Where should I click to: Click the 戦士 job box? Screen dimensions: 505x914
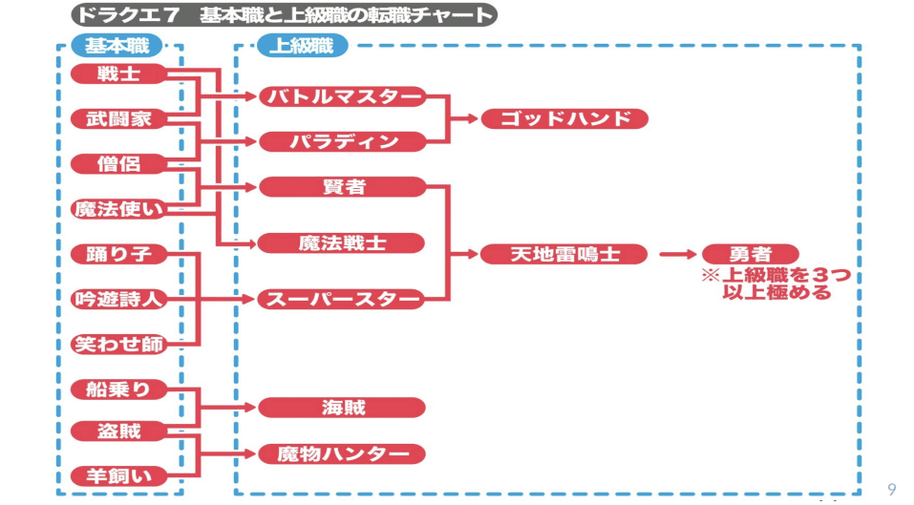(118, 74)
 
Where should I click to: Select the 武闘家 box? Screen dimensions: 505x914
(118, 119)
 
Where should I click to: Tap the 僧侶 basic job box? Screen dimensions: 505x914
(118, 164)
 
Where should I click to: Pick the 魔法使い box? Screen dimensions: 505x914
(118, 209)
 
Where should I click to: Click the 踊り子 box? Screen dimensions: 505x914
(118, 254)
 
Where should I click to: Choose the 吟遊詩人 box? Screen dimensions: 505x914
(118, 299)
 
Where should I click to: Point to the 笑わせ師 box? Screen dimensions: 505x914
(118, 344)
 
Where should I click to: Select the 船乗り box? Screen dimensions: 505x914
(118, 389)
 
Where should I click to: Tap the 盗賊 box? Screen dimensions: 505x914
(118, 431)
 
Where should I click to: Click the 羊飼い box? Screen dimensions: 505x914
(118, 475)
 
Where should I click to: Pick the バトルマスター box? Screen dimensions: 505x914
(342, 96)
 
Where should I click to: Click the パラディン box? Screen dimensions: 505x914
(342, 142)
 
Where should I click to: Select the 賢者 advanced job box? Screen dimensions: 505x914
(342, 187)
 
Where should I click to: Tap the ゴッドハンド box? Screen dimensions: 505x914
(564, 119)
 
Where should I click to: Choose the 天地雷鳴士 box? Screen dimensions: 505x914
(564, 254)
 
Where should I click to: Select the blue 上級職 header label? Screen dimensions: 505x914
(303, 45)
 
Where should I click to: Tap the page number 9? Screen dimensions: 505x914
(891, 489)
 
